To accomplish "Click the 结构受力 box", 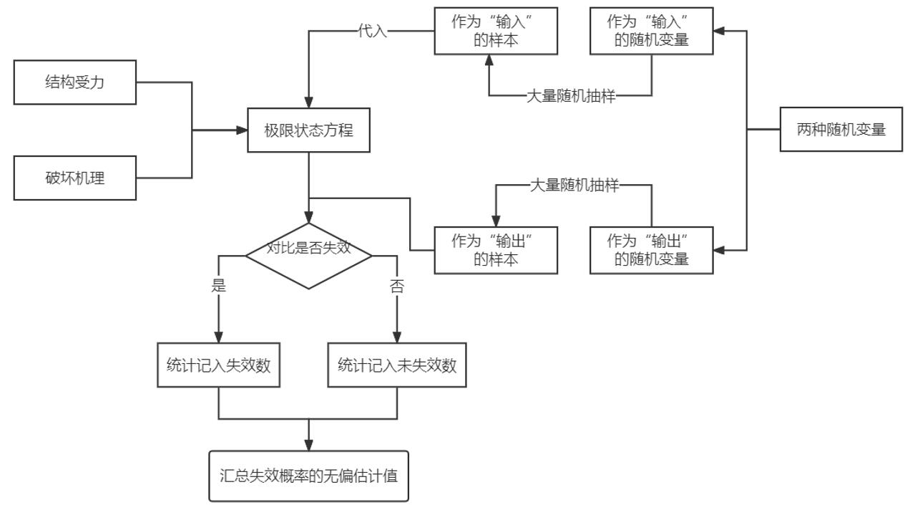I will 75,82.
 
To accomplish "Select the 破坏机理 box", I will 75,178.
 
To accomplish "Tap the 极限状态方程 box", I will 309,130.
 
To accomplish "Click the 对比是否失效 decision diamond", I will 309,254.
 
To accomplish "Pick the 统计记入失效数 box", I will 219,365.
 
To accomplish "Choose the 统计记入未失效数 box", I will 397,365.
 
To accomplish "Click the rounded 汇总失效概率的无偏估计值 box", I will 309,476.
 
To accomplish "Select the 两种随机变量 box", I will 841,130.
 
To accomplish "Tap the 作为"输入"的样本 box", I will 496,31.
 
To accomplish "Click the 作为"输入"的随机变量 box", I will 652,31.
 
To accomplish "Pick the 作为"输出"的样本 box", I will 496,250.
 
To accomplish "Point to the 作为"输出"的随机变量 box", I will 652,250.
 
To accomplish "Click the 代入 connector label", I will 373,32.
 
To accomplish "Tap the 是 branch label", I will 219,286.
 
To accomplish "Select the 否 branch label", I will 397,287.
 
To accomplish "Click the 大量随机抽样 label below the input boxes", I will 571,96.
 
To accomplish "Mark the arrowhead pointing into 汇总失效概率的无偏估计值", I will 309,446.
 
